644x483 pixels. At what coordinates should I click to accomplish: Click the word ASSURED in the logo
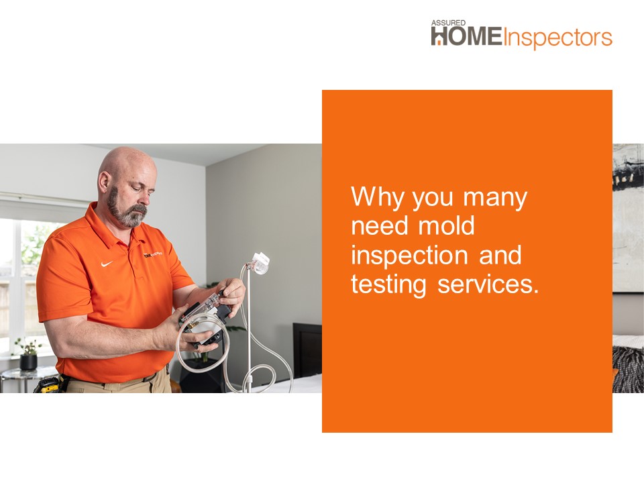pyautogui.click(x=444, y=23)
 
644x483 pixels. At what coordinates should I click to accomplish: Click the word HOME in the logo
pyautogui.click(x=466, y=38)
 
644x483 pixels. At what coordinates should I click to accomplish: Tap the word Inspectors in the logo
pyautogui.click(x=557, y=38)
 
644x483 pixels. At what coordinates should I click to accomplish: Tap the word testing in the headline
pyautogui.click(x=388, y=285)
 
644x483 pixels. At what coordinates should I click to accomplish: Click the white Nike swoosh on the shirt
pyautogui.click(x=107, y=263)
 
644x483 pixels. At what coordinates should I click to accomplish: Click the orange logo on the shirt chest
pyautogui.click(x=152, y=255)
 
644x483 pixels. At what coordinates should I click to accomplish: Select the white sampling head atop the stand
pyautogui.click(x=261, y=260)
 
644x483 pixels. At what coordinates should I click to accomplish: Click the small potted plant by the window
pyautogui.click(x=28, y=356)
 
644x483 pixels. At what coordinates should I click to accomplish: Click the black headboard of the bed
pyautogui.click(x=307, y=349)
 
